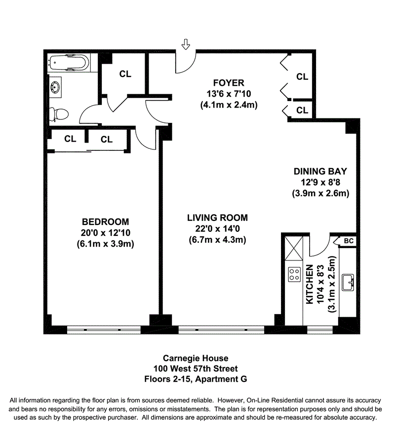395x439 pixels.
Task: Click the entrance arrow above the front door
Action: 186,45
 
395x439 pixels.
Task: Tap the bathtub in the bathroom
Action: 69,64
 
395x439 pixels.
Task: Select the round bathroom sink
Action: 55,88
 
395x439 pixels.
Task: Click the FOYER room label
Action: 229,82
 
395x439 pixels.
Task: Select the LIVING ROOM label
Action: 217,218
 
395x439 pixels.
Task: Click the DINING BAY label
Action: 320,172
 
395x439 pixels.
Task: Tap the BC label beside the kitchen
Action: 349,241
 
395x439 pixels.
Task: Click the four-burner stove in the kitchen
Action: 294,274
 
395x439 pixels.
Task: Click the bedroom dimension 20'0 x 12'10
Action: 106,232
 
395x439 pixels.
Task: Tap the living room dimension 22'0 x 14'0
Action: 217,229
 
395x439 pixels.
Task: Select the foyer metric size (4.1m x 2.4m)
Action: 229,105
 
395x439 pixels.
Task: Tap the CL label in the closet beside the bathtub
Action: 125,74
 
